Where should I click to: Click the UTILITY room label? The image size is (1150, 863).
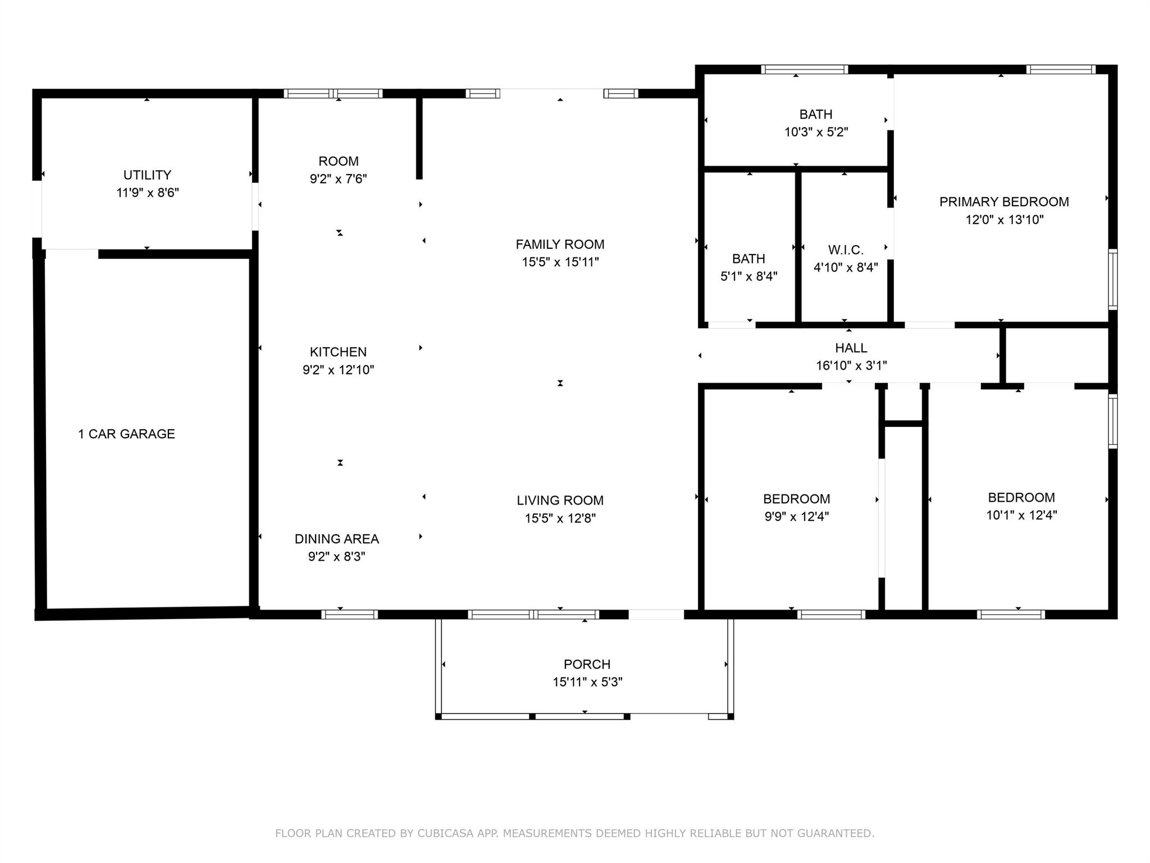(147, 175)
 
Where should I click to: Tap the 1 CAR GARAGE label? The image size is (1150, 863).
(126, 434)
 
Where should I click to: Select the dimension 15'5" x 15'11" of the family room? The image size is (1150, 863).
(560, 262)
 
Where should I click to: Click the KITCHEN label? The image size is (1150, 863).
(338, 352)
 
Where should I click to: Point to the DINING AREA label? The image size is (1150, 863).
(336, 539)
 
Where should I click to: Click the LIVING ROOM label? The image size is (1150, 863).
(560, 500)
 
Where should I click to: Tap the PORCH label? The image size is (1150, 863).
(587, 664)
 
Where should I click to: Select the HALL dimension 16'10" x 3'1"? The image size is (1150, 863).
(851, 366)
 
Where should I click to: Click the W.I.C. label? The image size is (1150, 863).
(846, 249)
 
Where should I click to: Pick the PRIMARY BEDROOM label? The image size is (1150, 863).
(1004, 202)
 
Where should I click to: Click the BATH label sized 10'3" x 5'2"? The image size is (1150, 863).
(815, 115)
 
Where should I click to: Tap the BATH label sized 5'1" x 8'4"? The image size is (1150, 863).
(749, 258)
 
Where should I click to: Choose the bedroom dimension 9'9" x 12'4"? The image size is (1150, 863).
(796, 516)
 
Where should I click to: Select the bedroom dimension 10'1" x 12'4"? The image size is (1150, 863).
(1021, 515)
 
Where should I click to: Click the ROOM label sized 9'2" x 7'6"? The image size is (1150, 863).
(338, 161)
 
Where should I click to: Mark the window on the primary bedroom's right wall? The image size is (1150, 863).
(1112, 279)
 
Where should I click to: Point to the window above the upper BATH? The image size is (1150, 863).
(804, 70)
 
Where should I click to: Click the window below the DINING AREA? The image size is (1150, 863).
(349, 614)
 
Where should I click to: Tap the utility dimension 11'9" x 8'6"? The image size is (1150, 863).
(147, 193)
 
